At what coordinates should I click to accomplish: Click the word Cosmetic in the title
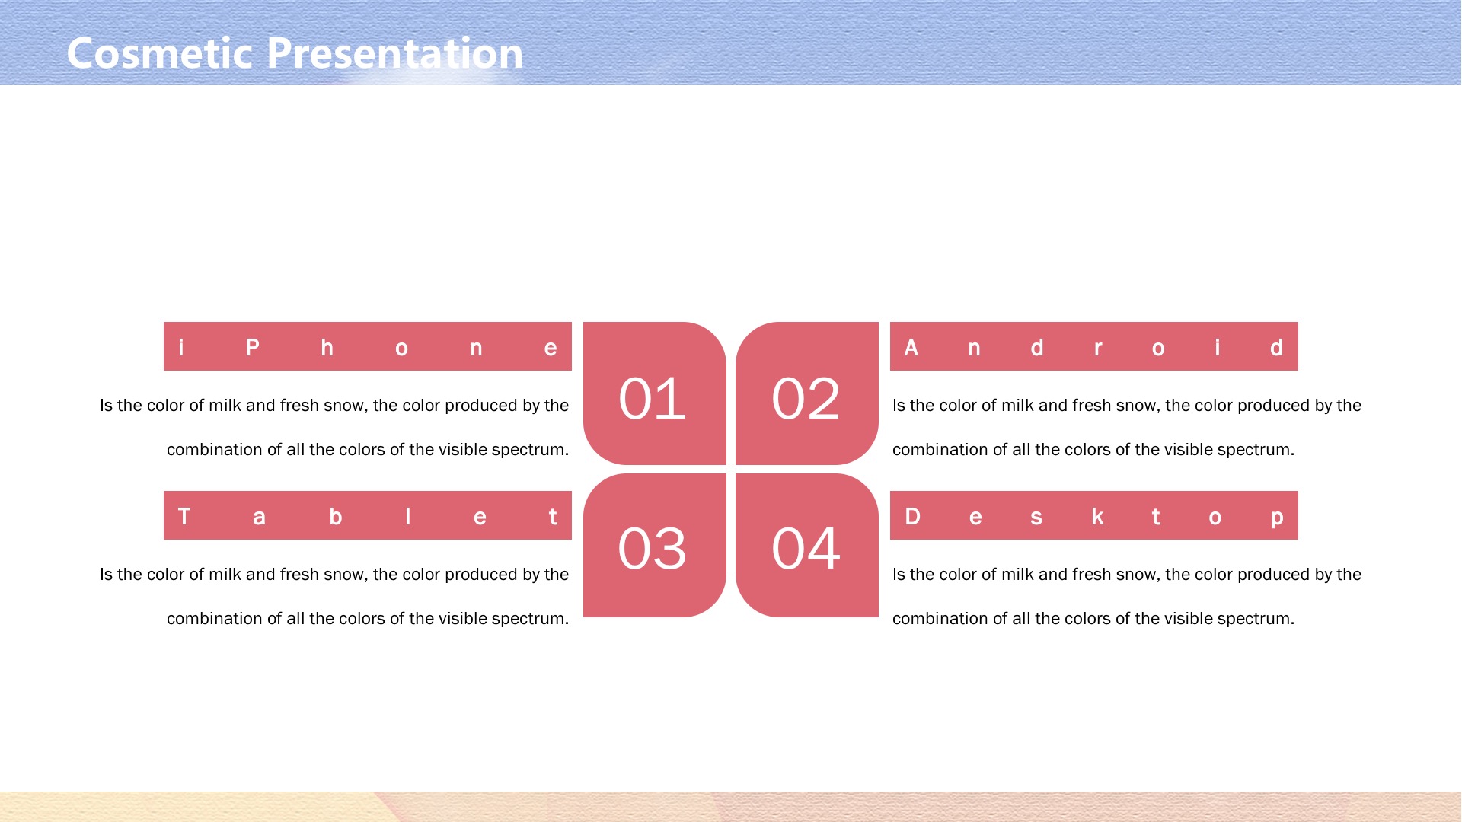point(160,53)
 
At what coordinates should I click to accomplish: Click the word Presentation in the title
point(394,53)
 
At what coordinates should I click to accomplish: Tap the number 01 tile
point(655,393)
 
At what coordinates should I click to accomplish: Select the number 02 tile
point(807,393)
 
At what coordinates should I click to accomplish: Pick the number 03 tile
point(655,545)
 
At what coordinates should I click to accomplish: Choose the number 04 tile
point(807,545)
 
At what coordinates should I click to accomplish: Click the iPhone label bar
point(368,346)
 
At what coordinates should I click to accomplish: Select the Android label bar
point(1094,346)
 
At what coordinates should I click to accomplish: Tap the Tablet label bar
point(368,515)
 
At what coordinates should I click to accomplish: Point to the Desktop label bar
point(1094,515)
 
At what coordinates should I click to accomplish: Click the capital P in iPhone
point(253,348)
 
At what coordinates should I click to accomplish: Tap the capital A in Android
point(911,348)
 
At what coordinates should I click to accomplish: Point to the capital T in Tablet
point(184,517)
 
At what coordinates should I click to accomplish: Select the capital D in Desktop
point(913,517)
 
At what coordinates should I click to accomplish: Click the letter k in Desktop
point(1097,517)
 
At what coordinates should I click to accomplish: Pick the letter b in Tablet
point(336,517)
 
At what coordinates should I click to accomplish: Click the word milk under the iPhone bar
point(225,406)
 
